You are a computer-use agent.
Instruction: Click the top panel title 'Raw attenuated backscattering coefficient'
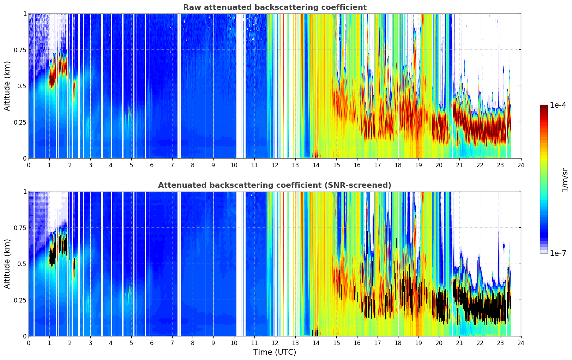pyautogui.click(x=275, y=7)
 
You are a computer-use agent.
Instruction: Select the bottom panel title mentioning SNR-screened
pyautogui.click(x=275, y=185)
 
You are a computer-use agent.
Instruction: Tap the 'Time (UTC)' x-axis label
pyautogui.click(x=275, y=352)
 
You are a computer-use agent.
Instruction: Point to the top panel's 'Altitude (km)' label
pyautogui.click(x=7, y=86)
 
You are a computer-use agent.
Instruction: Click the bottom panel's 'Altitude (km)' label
pyautogui.click(x=7, y=264)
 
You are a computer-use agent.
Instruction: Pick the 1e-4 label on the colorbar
pyautogui.click(x=558, y=105)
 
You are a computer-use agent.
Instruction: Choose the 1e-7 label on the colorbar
pyautogui.click(x=558, y=253)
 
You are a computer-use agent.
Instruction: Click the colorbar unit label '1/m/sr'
pyautogui.click(x=565, y=180)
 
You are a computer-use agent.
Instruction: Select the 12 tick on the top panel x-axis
pyautogui.click(x=275, y=165)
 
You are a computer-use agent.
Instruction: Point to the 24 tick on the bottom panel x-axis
pyautogui.click(x=521, y=343)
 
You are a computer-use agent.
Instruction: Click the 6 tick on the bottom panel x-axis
pyautogui.click(x=152, y=343)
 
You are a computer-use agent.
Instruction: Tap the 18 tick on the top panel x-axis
pyautogui.click(x=398, y=165)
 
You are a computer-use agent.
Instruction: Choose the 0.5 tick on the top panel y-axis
pyautogui.click(x=22, y=86)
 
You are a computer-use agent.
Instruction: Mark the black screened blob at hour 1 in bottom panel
pyautogui.click(x=52, y=257)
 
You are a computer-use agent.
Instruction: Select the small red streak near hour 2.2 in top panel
pyautogui.click(x=74, y=88)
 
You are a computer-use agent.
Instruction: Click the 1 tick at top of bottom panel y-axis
pyautogui.click(x=25, y=192)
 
